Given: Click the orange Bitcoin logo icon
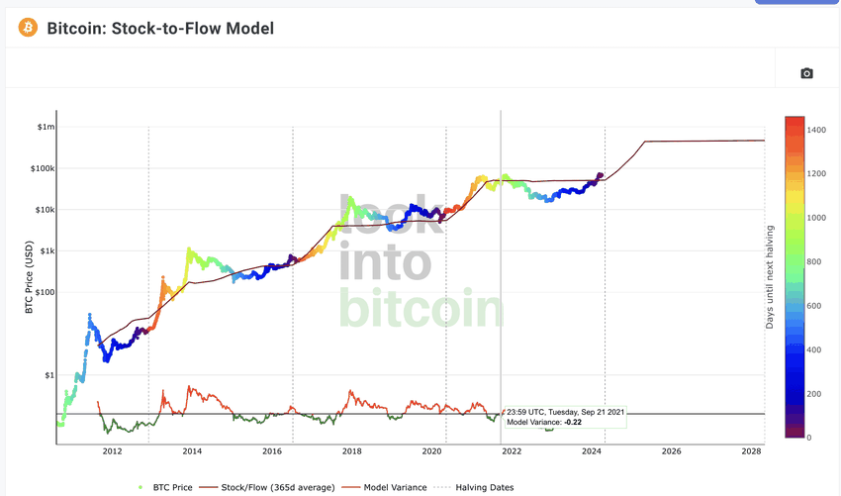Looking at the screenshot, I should [x=27, y=28].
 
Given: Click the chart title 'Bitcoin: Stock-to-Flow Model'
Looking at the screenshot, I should [x=160, y=28].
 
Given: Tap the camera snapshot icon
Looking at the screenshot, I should [x=806, y=73].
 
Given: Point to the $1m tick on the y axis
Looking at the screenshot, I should [x=47, y=127].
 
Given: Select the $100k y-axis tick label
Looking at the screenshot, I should [x=43, y=168].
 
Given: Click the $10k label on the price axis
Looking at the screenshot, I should [x=45, y=210].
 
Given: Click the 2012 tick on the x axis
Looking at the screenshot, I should [x=112, y=451].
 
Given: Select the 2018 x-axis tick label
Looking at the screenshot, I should [x=351, y=451].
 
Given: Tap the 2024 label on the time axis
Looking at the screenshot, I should [x=592, y=451].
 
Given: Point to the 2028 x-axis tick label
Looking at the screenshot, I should [x=751, y=451].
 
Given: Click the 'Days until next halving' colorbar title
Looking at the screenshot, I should [x=770, y=276].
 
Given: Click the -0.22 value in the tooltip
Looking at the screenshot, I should [x=573, y=422].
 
